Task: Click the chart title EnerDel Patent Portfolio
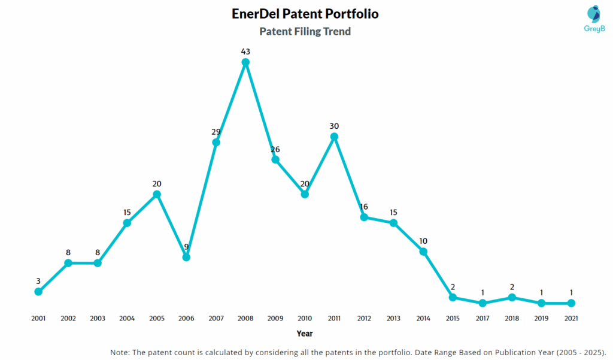pyautogui.click(x=305, y=13)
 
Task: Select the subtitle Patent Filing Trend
pyautogui.click(x=305, y=32)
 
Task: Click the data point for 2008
pyautogui.click(x=245, y=62)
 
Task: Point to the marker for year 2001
pyautogui.click(x=38, y=292)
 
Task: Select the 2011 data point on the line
pyautogui.click(x=335, y=137)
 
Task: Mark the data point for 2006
pyautogui.click(x=186, y=257)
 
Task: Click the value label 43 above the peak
pyautogui.click(x=245, y=52)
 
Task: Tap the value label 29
pyautogui.click(x=216, y=132)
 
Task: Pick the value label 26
pyautogui.click(x=275, y=149)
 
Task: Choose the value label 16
pyautogui.click(x=364, y=207)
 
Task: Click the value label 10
pyautogui.click(x=423, y=241)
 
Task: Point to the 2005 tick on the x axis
pyautogui.click(x=157, y=318)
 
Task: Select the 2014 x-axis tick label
pyautogui.click(x=423, y=318)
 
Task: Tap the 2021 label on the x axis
pyautogui.click(x=571, y=318)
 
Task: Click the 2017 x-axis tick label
pyautogui.click(x=482, y=318)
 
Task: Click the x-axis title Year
pyautogui.click(x=305, y=334)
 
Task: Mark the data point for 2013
pyautogui.click(x=393, y=223)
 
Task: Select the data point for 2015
pyautogui.click(x=453, y=297)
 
